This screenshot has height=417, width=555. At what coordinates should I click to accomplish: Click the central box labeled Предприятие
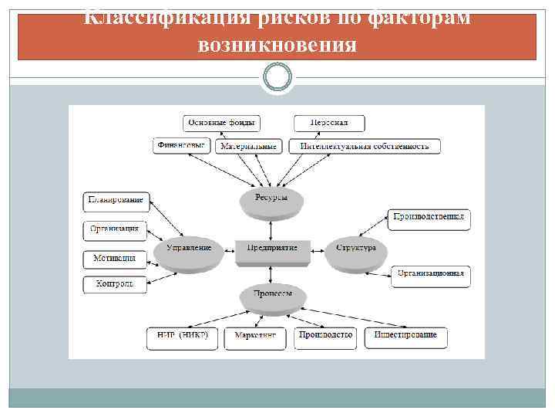click(272, 249)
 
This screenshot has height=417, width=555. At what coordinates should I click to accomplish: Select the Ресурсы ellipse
click(271, 199)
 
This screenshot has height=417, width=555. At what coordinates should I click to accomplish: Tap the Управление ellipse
click(188, 249)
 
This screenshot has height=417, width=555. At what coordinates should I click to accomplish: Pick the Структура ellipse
click(356, 249)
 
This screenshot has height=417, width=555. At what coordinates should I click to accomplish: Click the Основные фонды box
click(221, 124)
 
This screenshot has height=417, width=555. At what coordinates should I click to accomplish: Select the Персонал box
click(329, 124)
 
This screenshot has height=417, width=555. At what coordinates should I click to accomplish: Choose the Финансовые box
click(181, 145)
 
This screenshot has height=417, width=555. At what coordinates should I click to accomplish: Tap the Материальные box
click(248, 146)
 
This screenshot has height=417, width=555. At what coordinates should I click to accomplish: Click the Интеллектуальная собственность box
click(365, 146)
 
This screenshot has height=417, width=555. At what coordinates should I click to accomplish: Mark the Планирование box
click(116, 202)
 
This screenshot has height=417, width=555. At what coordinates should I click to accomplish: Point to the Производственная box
click(429, 219)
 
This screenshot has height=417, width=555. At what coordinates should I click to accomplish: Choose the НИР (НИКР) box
click(183, 335)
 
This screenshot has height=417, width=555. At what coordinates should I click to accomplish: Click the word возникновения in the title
click(277, 45)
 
